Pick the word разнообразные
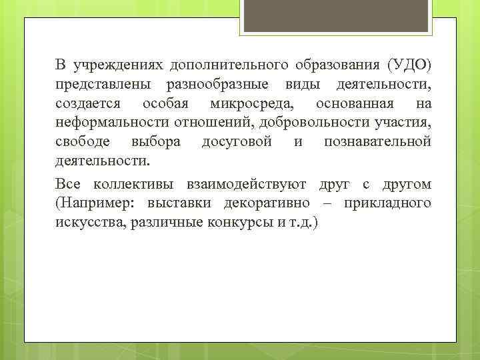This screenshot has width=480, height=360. click(217, 85)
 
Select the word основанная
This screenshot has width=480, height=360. click(355, 105)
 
